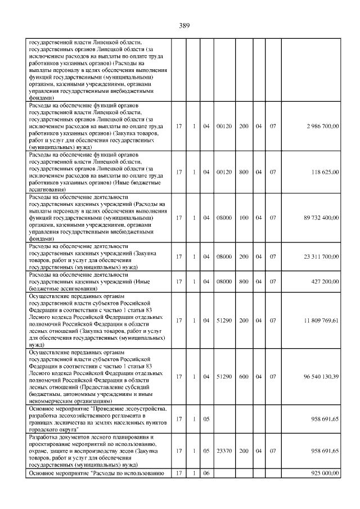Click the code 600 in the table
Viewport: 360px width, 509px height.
[244, 376]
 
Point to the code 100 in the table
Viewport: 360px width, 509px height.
[244, 217]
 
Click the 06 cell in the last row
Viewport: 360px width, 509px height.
[206, 474]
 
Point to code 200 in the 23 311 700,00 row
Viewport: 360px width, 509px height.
[244, 256]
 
